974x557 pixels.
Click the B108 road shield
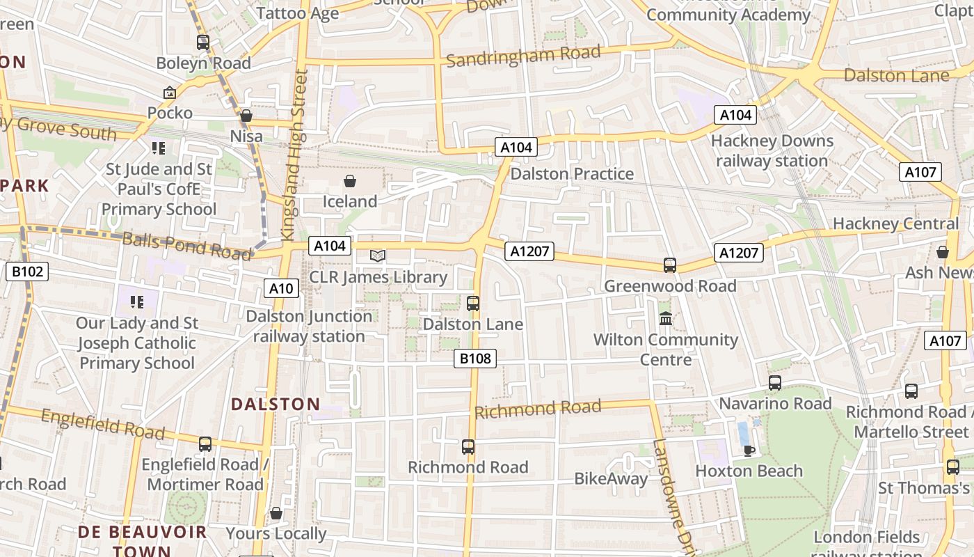(x=476, y=359)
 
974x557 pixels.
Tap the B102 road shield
(x=28, y=271)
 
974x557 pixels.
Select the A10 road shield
(x=281, y=288)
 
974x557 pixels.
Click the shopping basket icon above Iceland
(x=350, y=181)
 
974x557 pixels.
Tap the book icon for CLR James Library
(x=378, y=256)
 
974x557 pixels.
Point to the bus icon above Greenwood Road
(x=670, y=265)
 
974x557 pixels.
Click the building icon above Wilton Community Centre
(x=666, y=319)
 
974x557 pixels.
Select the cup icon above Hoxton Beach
(x=749, y=450)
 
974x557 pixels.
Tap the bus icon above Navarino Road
(x=775, y=383)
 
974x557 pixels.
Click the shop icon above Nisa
(x=246, y=116)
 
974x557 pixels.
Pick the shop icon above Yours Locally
(x=276, y=513)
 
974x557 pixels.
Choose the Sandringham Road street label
(x=522, y=56)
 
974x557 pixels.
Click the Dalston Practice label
(x=572, y=173)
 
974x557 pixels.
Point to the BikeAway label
(x=610, y=478)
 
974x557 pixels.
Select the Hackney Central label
(x=896, y=223)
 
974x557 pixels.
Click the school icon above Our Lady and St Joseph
(x=137, y=301)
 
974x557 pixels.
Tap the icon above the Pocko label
(x=169, y=93)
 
